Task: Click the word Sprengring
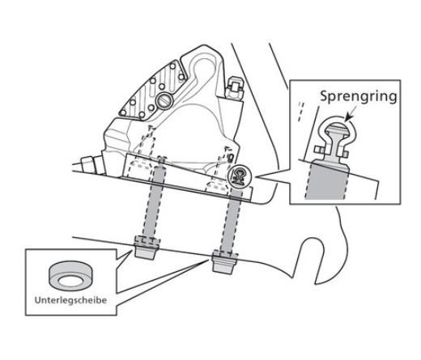pos(359,96)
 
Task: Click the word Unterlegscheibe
pos(70,300)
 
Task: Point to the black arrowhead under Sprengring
pos(349,117)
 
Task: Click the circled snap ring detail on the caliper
pos(240,176)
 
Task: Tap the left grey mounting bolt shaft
pos(155,201)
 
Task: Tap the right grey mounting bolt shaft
pos(232,220)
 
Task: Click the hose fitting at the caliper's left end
pos(88,163)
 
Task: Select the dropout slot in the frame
pos(313,259)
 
